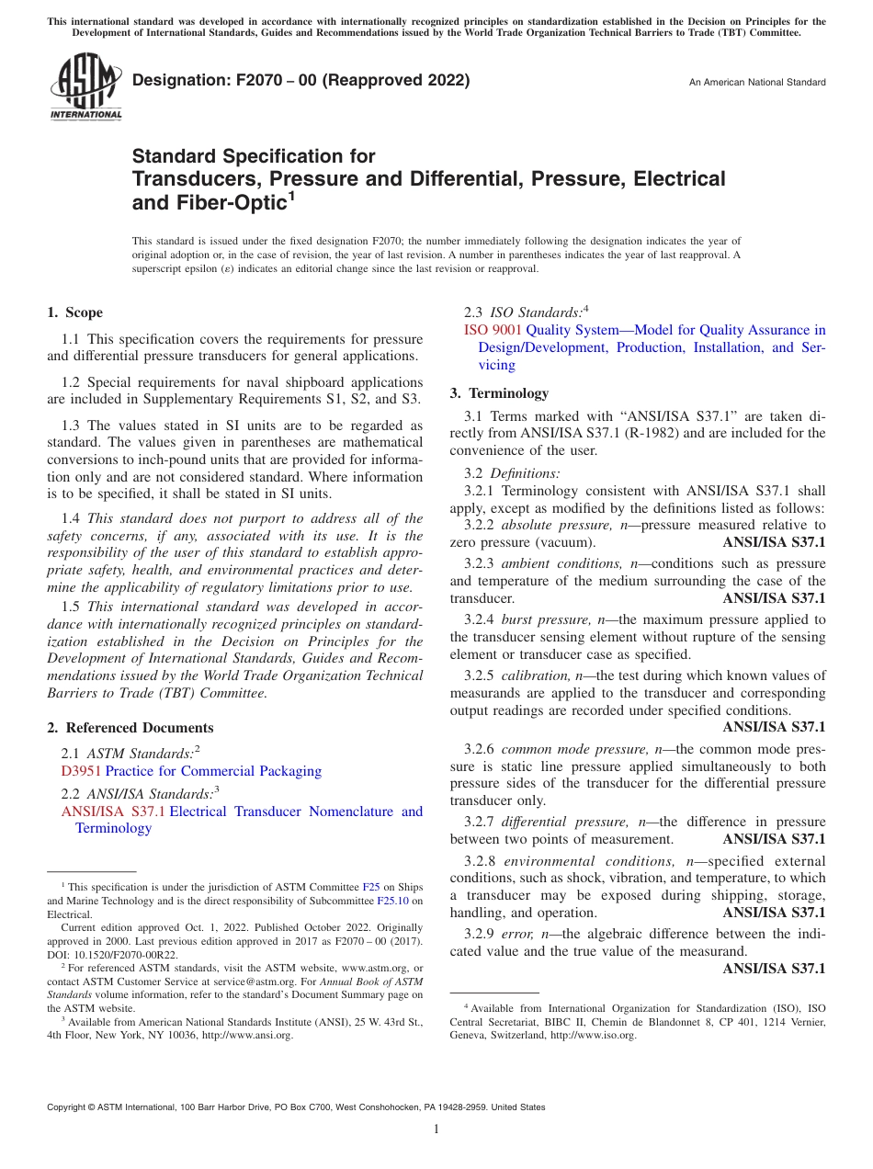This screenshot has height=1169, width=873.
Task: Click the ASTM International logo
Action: pos(85,86)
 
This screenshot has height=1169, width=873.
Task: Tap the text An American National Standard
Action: pos(756,83)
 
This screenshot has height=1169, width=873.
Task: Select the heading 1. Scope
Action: pos(75,312)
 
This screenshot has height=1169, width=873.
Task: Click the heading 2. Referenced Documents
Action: pos(130,728)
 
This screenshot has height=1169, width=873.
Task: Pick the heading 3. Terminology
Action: pos(499,393)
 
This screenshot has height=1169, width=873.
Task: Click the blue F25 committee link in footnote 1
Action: pos(371,888)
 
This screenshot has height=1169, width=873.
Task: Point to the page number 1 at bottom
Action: pos(436,1129)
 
